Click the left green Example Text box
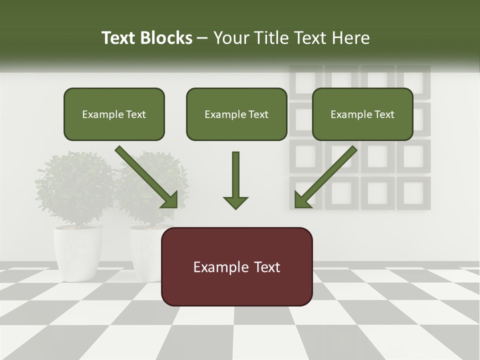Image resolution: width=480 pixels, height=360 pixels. tap(114, 114)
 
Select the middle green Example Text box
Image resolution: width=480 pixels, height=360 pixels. tap(236, 114)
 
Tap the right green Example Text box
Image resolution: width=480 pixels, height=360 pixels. tap(362, 114)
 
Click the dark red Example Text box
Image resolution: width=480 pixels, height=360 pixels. tap(236, 266)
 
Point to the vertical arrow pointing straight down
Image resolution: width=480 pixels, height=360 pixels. tap(235, 180)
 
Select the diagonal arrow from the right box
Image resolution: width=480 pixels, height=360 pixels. tap(325, 177)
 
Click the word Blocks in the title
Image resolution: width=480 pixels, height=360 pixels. tap(166, 38)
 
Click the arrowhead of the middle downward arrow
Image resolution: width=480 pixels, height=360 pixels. tap(235, 202)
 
